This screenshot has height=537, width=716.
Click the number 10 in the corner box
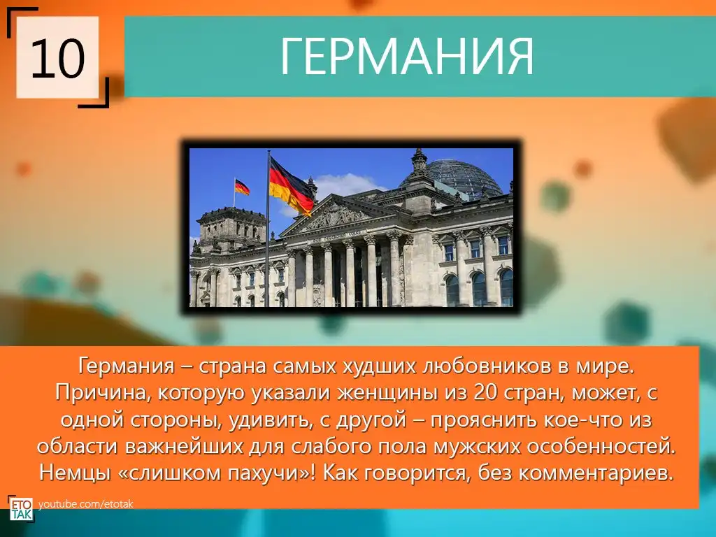[x=58, y=59]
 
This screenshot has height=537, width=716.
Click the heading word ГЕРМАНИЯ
[x=406, y=57]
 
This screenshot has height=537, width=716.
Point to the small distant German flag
[x=242, y=187]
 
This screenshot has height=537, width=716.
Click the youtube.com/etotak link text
[x=86, y=504]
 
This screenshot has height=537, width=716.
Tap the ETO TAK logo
[x=21, y=508]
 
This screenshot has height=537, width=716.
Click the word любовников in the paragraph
[x=487, y=366]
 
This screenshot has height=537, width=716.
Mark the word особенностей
[x=601, y=447]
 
